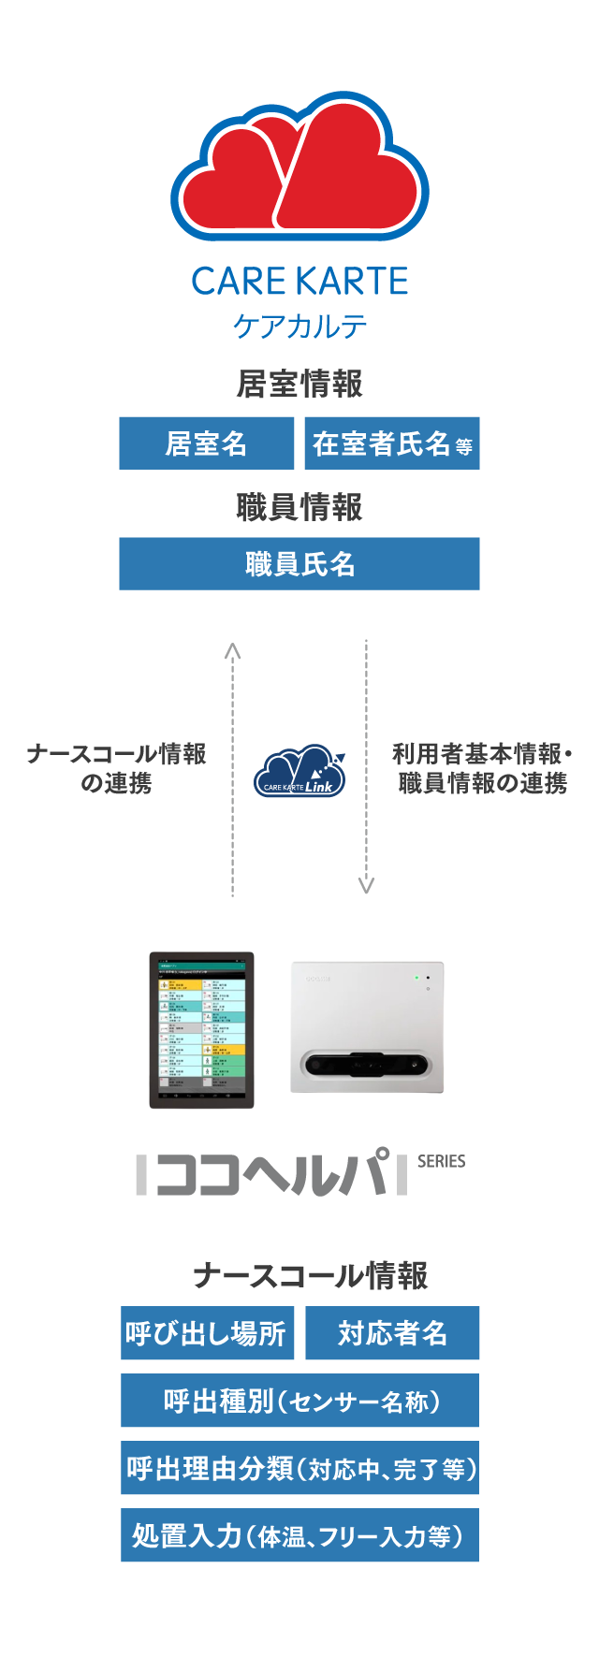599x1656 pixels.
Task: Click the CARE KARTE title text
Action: click(299, 281)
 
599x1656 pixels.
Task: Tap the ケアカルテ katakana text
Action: click(299, 326)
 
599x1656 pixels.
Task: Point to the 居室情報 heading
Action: click(299, 384)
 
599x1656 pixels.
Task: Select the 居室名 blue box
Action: click(206, 443)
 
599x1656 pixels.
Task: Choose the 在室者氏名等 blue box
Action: click(391, 443)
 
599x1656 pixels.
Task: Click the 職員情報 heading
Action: click(299, 507)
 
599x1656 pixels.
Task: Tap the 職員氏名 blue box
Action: click(299, 564)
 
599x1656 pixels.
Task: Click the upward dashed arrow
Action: click(233, 767)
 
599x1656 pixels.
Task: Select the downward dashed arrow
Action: click(366, 767)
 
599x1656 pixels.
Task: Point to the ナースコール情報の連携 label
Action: click(116, 768)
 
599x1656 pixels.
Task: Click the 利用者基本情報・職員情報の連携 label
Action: click(482, 768)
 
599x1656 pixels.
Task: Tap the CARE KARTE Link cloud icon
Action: click(299, 772)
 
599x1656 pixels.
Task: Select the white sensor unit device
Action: click(367, 1026)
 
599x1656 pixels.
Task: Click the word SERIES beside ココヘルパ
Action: click(441, 1161)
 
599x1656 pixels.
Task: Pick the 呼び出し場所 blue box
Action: click(207, 1333)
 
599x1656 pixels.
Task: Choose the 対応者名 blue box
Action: click(392, 1333)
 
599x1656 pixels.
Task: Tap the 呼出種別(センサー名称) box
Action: click(299, 1401)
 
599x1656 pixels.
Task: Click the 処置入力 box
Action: click(299, 1535)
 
